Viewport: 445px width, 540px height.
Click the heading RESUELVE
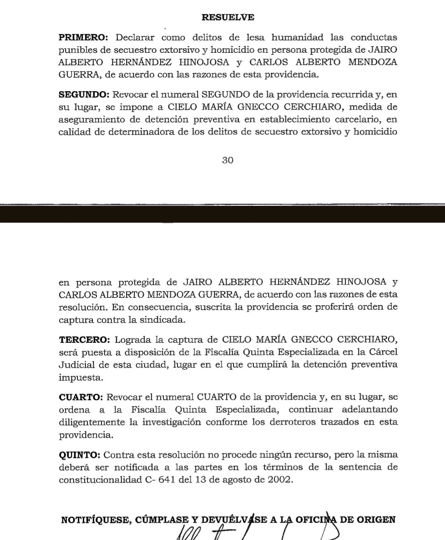click(x=228, y=17)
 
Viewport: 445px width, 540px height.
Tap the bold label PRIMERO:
click(x=83, y=38)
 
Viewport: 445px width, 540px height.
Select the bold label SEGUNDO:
click(x=84, y=94)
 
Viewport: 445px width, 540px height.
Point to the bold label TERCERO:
click(x=84, y=340)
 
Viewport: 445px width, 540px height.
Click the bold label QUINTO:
click(x=79, y=455)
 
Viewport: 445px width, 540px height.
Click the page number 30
click(x=228, y=160)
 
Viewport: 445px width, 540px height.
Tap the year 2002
click(x=279, y=480)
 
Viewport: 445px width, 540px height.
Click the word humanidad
click(x=297, y=38)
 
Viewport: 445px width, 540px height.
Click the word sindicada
click(x=163, y=320)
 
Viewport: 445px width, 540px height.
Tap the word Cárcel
click(x=384, y=352)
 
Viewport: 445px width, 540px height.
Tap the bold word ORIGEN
click(x=376, y=519)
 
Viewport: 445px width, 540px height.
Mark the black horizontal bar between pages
click(x=222, y=214)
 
